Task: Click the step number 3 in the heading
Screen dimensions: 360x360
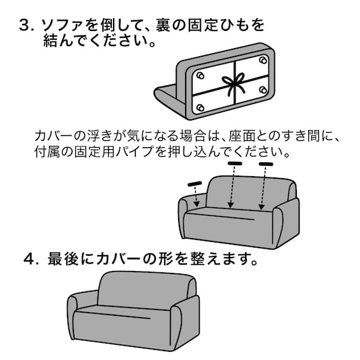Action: pos(25,26)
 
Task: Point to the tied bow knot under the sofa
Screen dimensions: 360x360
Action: pos(234,83)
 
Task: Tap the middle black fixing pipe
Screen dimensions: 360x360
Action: pos(234,164)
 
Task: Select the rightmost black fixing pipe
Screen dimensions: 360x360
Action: pos(265,164)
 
